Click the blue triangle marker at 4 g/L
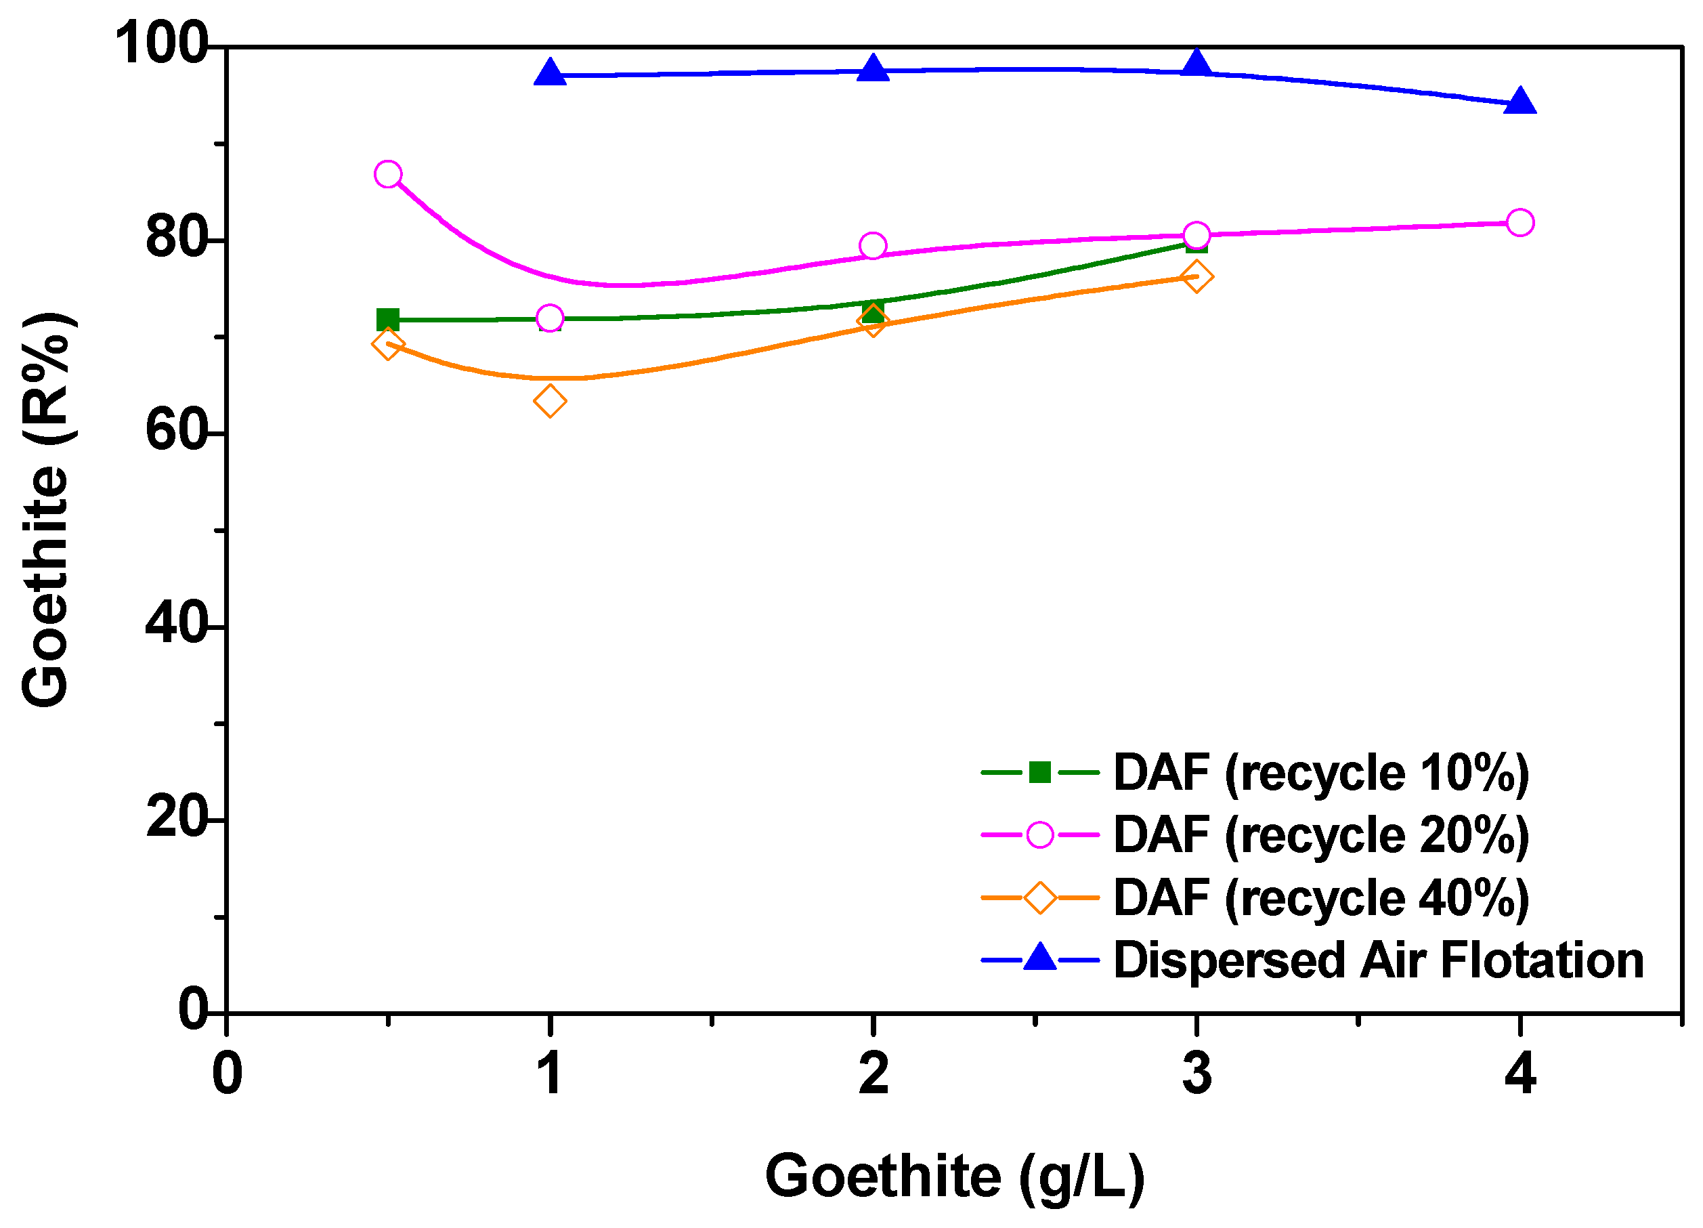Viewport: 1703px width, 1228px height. coord(1519,102)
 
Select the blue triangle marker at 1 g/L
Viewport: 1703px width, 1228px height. coord(550,73)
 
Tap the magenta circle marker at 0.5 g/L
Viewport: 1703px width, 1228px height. coord(387,174)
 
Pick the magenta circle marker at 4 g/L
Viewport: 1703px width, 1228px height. coord(1519,222)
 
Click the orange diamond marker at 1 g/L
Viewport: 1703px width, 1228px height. coord(550,401)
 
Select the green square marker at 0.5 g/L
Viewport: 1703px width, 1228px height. coord(387,319)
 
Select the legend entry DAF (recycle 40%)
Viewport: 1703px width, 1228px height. coord(1320,897)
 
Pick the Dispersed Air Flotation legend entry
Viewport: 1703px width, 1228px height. coord(1378,960)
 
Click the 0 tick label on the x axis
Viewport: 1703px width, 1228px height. coord(227,1074)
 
